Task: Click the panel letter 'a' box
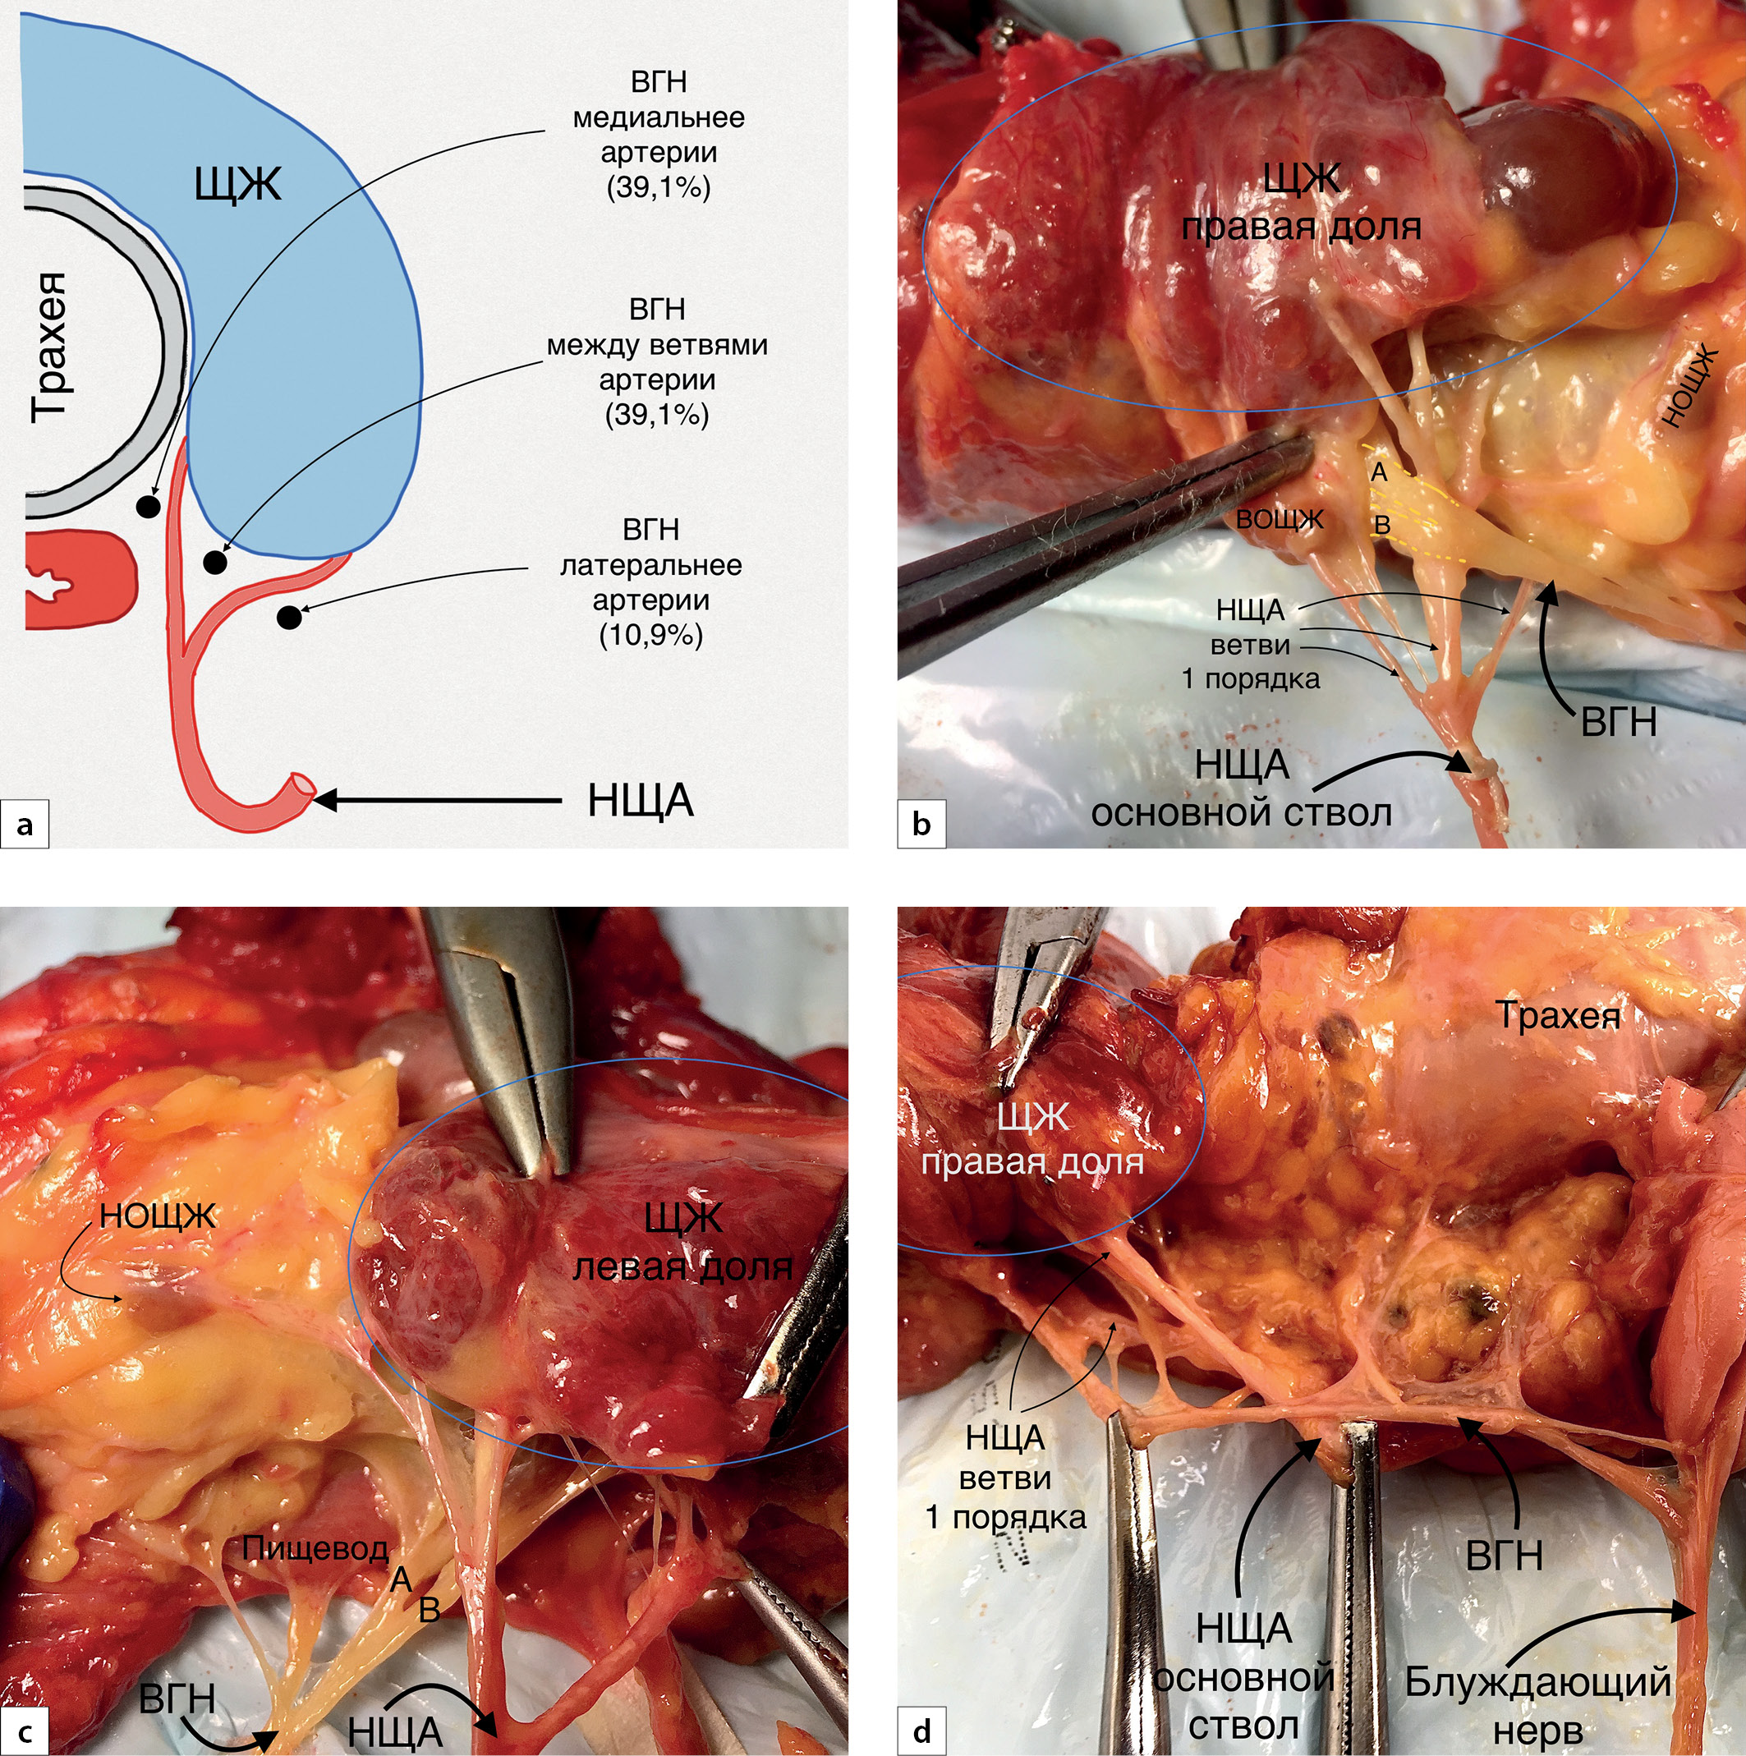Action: coord(25,825)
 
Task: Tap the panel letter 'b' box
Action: coord(921,825)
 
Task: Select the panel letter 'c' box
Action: coord(25,1731)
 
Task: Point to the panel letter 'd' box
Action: coord(921,1731)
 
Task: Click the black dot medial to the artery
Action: coord(146,505)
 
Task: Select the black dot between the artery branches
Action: coord(214,563)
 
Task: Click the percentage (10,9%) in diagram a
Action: coord(650,636)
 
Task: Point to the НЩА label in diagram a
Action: coord(640,802)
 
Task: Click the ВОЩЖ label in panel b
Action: coord(1279,520)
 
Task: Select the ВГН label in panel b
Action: coord(1619,724)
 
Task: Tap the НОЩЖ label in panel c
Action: coord(157,1216)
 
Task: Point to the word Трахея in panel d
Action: coord(1558,1016)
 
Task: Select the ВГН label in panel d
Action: coord(1505,1557)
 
